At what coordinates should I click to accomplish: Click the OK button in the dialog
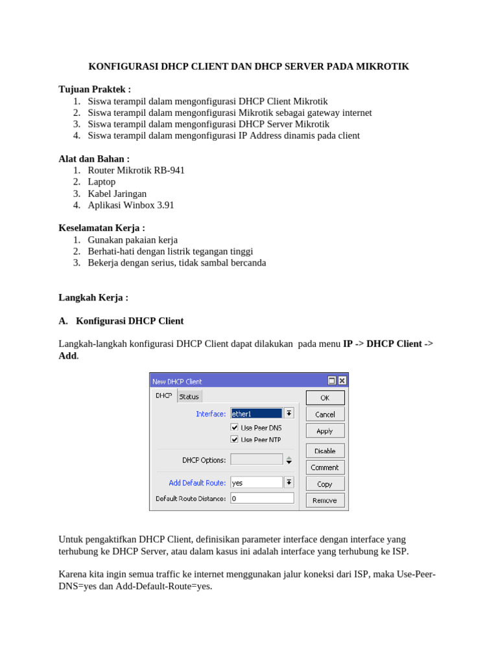click(325, 398)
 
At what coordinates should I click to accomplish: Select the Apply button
click(325, 431)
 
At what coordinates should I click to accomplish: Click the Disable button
click(325, 451)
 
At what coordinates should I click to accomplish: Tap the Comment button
click(325, 467)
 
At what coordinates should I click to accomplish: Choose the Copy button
click(325, 484)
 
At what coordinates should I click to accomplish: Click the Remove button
click(325, 500)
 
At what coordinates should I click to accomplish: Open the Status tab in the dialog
click(189, 396)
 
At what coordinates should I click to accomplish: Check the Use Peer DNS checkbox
click(235, 427)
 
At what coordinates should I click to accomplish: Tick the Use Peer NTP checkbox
click(235, 439)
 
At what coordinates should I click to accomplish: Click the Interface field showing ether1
click(256, 413)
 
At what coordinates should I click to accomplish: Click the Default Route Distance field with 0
click(262, 499)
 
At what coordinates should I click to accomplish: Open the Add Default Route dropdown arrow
click(289, 482)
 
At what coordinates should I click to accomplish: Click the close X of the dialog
click(342, 381)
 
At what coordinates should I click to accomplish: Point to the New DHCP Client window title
click(177, 381)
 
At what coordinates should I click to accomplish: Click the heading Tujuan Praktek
click(95, 89)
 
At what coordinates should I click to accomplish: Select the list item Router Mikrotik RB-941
click(136, 170)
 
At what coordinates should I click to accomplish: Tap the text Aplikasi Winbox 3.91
click(131, 205)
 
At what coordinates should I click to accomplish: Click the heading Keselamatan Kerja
click(102, 228)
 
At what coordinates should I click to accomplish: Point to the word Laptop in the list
click(102, 182)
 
